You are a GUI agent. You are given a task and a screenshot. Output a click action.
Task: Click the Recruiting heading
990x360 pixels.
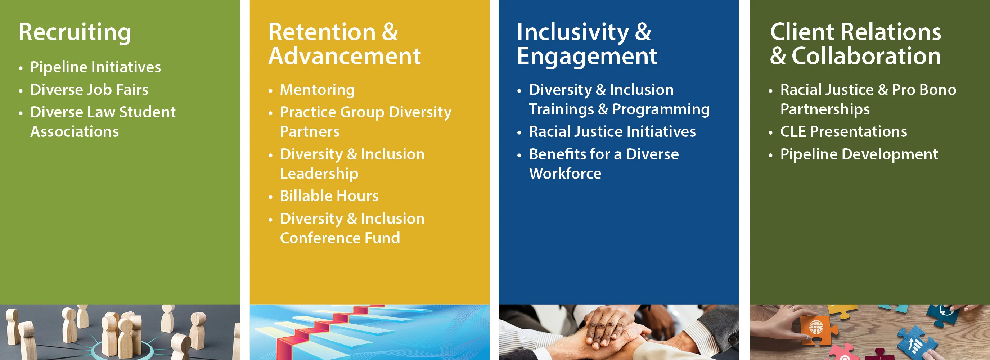click(x=75, y=32)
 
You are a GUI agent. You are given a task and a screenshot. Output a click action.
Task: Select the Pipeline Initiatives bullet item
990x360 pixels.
click(x=95, y=67)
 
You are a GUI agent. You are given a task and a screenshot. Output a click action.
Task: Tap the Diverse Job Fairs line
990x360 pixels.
click(x=89, y=90)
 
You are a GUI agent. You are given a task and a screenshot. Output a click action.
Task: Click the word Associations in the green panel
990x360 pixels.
click(x=75, y=132)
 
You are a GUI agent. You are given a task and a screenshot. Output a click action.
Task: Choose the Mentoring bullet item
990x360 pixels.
click(x=317, y=90)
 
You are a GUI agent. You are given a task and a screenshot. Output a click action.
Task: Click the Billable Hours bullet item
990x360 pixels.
click(x=329, y=196)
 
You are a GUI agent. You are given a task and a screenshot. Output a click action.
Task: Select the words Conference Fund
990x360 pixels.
click(x=340, y=238)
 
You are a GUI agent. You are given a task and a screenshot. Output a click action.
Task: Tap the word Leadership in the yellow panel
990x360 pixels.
click(x=319, y=174)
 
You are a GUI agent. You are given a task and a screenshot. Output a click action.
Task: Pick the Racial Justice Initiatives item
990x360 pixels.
click(x=612, y=132)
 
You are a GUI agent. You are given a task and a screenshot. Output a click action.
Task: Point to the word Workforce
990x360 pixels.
click(x=565, y=174)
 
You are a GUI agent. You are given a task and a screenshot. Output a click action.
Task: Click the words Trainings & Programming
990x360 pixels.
click(x=619, y=109)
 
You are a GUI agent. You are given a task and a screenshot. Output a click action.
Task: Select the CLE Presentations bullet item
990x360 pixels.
click(x=843, y=132)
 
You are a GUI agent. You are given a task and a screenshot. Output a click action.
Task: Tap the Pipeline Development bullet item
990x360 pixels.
click(x=859, y=154)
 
